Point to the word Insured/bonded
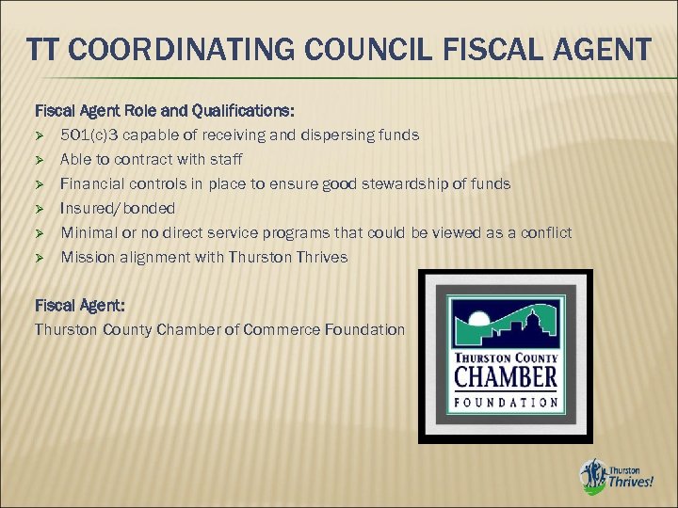point(119,208)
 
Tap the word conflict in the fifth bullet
point(544,232)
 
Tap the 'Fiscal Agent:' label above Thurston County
point(79,306)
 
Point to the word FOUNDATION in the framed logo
point(506,402)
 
